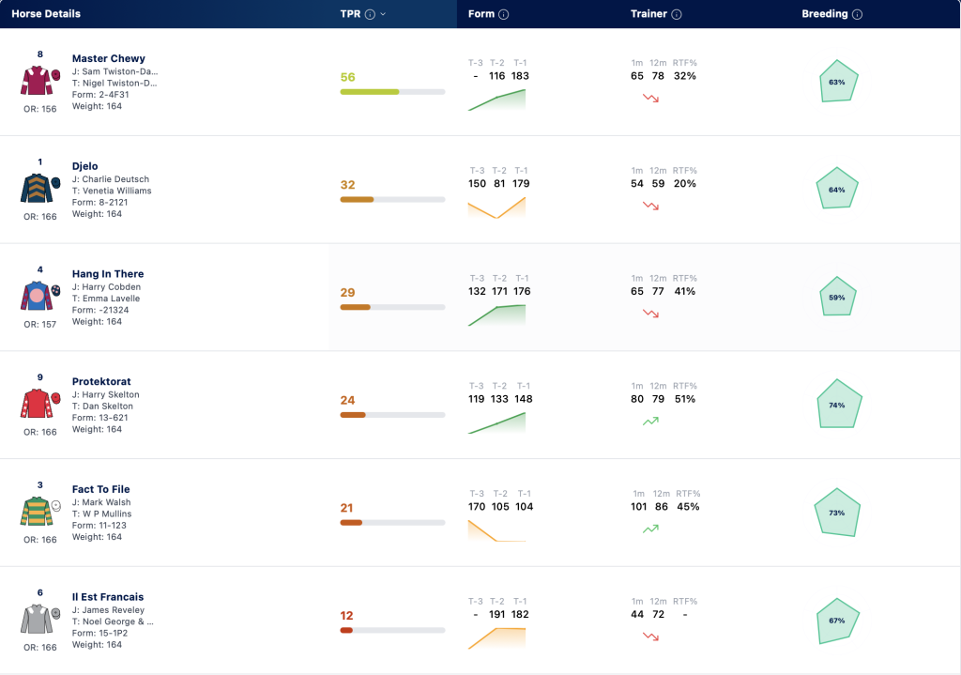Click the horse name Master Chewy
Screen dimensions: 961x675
click(109, 58)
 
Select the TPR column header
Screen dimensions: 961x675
click(350, 13)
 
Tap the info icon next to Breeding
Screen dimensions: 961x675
click(858, 14)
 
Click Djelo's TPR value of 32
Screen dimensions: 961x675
click(347, 185)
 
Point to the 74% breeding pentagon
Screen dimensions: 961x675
click(839, 404)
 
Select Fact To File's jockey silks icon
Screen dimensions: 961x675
click(37, 512)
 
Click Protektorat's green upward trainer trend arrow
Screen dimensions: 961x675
click(650, 421)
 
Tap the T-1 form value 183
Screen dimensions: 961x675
click(520, 76)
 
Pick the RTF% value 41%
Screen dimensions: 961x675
click(684, 291)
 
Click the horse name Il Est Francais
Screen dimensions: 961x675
click(108, 596)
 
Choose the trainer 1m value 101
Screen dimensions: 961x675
click(638, 506)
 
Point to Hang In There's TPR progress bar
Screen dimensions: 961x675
click(392, 307)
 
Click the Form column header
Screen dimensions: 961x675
click(481, 13)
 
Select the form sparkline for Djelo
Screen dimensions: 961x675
click(496, 207)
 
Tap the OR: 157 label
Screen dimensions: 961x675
click(39, 324)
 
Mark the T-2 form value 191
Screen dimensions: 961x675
click(497, 614)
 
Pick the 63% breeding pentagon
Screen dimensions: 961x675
click(838, 81)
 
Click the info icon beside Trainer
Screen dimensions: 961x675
click(677, 14)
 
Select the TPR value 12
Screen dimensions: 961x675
click(347, 616)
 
